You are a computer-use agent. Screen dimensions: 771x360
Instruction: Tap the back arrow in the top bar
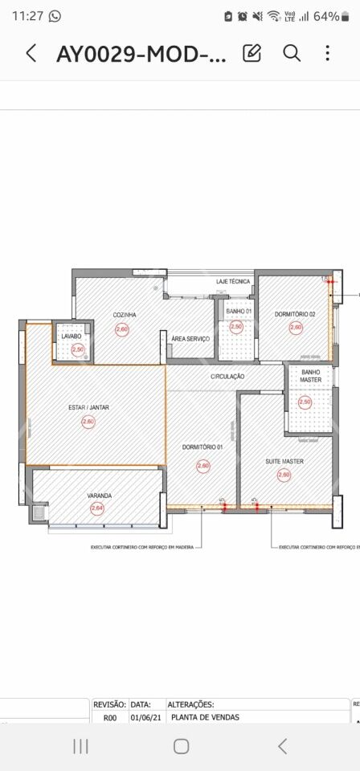(31, 54)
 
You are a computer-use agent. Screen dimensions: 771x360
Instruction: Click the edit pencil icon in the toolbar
(252, 54)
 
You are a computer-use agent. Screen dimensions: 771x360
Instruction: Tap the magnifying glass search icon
(292, 54)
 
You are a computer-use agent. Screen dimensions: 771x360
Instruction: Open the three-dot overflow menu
(327, 54)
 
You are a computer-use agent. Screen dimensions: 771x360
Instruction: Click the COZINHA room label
(124, 315)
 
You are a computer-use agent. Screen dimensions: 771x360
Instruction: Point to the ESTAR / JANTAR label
(88, 408)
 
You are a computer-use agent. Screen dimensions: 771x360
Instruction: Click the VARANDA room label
(99, 496)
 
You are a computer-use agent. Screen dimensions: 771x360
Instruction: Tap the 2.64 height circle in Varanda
(97, 508)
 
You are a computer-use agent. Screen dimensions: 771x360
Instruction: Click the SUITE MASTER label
(284, 462)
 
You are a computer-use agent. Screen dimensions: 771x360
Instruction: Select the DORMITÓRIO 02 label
(295, 314)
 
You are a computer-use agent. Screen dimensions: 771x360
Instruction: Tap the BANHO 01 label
(239, 311)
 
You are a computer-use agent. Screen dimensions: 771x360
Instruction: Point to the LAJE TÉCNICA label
(233, 282)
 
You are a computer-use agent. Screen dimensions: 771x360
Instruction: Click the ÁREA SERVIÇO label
(190, 339)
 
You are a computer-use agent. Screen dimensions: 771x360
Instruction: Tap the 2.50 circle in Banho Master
(305, 402)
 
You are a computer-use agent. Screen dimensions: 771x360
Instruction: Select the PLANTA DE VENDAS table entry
(205, 718)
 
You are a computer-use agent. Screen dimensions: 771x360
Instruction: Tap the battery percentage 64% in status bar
(326, 16)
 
